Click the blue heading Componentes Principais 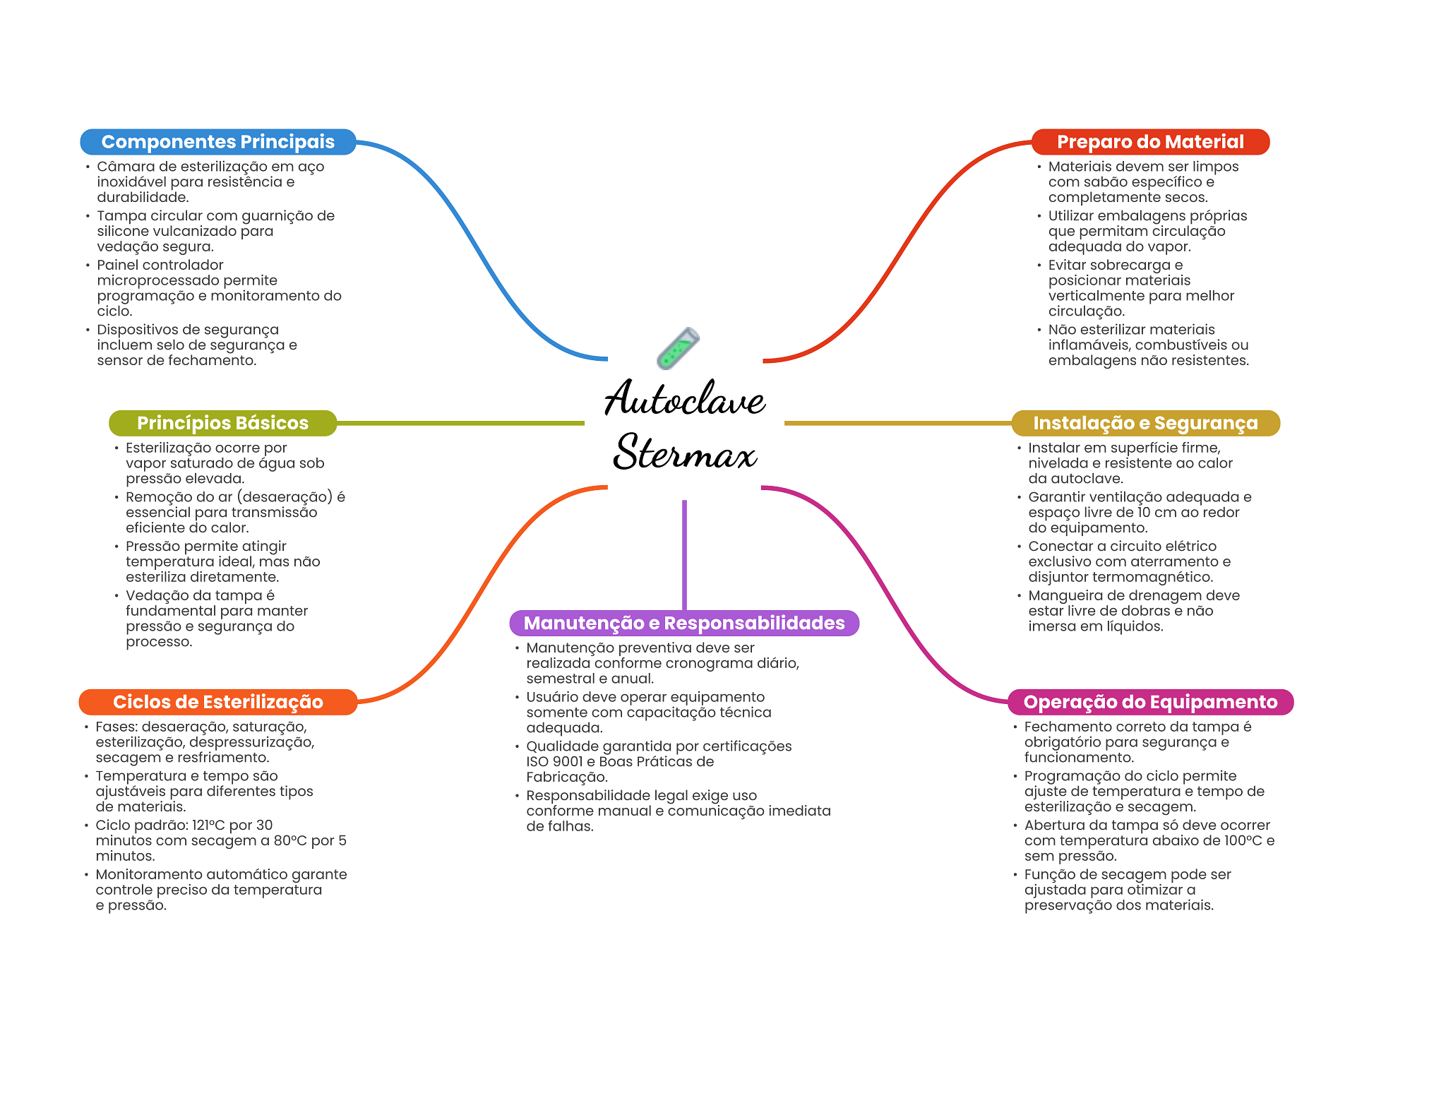[217, 142]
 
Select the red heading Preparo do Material [1150, 142]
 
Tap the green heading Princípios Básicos [222, 423]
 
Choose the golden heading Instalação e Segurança [1145, 423]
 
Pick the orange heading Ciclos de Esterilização [217, 702]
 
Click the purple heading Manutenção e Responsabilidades [684, 623]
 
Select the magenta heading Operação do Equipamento [1150, 702]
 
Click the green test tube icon [678, 348]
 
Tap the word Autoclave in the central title [685, 398]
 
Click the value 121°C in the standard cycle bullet [208, 825]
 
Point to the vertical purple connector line [684, 555]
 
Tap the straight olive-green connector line [460, 423]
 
